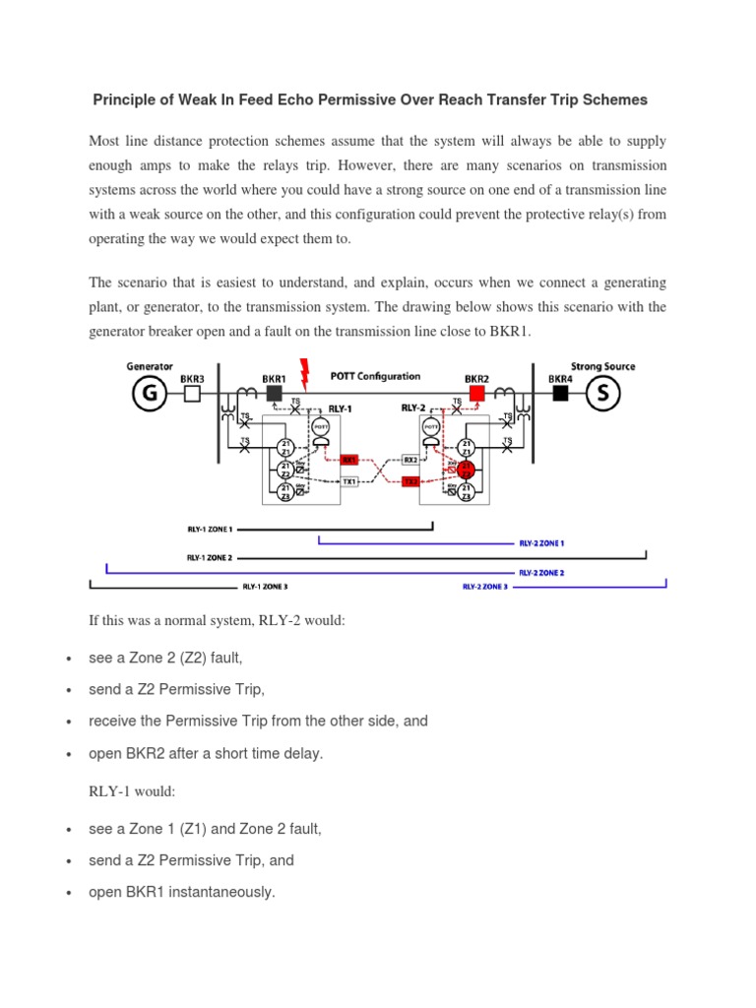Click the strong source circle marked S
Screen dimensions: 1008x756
(x=602, y=394)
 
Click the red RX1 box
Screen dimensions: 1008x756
(x=348, y=460)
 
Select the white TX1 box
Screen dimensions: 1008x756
(x=348, y=481)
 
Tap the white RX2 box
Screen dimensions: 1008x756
(x=410, y=460)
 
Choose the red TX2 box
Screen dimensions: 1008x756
(x=410, y=481)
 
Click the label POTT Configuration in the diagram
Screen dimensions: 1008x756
(x=375, y=376)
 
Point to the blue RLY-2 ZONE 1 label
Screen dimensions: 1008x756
(x=541, y=542)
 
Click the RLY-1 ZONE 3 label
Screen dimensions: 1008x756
(x=265, y=587)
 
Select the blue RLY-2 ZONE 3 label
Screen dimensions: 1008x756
(x=485, y=587)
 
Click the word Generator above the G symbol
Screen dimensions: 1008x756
(x=150, y=366)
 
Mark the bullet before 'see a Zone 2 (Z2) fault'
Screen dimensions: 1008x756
(x=66, y=659)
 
